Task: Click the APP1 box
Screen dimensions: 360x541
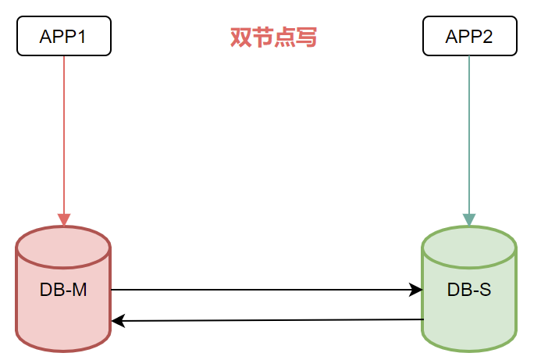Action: [64, 37]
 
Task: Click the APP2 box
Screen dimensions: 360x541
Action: [469, 37]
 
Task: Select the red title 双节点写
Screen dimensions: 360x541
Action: [273, 37]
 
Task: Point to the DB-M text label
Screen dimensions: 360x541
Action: [63, 290]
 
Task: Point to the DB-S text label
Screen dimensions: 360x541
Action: [469, 290]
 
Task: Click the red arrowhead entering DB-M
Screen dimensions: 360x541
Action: [64, 219]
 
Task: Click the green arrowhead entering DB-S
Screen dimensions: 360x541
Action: [469, 219]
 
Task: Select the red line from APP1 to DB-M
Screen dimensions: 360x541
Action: [64, 133]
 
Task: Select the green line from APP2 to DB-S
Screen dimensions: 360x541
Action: [469, 133]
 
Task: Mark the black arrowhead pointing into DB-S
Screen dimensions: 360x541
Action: [416, 290]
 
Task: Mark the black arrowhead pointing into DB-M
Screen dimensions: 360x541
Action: [117, 321]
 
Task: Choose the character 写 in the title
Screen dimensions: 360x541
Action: [306, 37]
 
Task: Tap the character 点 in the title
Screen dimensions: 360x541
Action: [284, 37]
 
